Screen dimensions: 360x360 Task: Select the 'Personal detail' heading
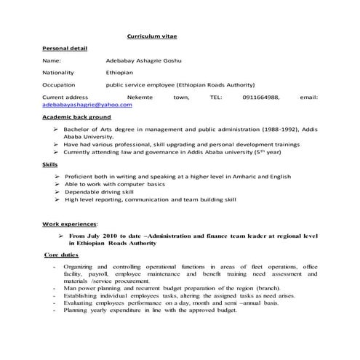(x=65, y=48)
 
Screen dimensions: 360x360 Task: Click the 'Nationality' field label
(x=60, y=73)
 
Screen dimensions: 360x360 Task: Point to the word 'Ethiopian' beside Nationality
(x=121, y=73)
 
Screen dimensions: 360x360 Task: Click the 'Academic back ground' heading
(x=76, y=116)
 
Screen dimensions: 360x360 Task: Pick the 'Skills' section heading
(x=50, y=165)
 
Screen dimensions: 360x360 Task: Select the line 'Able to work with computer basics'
(x=114, y=184)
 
